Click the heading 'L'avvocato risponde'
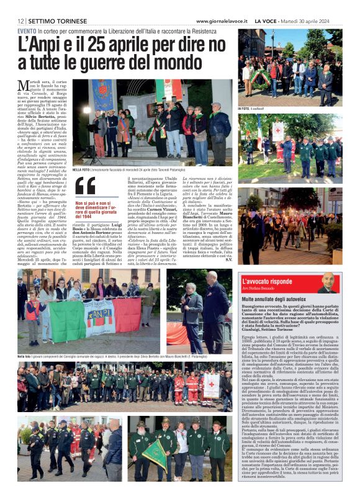tap(268, 281)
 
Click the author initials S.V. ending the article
tap(227, 259)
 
